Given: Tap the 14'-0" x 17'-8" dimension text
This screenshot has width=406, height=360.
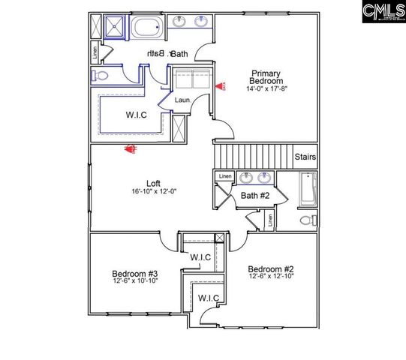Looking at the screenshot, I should [266, 88].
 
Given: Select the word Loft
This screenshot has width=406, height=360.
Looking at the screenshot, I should [131, 182].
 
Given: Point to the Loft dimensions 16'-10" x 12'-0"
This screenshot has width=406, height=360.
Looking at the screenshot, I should [131, 192].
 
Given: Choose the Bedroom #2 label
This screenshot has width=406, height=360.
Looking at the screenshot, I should [270, 269].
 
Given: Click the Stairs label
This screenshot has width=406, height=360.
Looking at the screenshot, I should [305, 157].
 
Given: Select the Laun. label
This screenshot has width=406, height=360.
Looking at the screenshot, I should [181, 100].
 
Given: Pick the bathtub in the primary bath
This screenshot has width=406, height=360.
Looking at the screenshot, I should [147, 30].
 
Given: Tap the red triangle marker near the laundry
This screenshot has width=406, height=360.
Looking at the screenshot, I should [220, 87].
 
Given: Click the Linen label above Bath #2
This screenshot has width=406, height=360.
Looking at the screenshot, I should [224, 177].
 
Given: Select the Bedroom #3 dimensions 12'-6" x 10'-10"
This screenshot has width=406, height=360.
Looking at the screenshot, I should [134, 282].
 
